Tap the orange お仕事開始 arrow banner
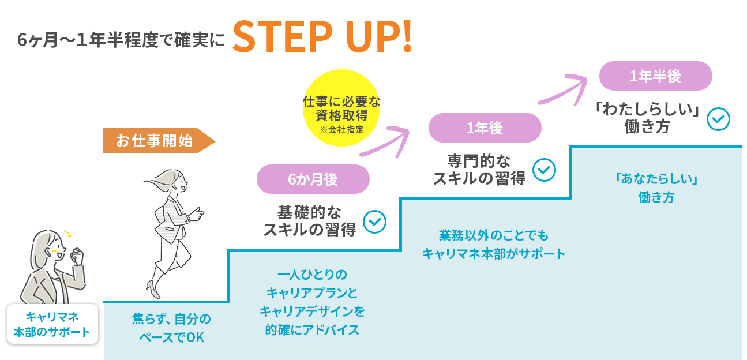pyautogui.click(x=156, y=141)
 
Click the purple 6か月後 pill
pyautogui.click(x=313, y=179)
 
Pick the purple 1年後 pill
pyautogui.click(x=485, y=128)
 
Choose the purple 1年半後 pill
pyautogui.click(x=655, y=76)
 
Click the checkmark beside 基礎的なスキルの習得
pyautogui.click(x=374, y=222)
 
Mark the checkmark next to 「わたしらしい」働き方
pyautogui.click(x=718, y=119)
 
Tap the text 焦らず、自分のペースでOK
pyautogui.click(x=172, y=328)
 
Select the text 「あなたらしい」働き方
pyautogui.click(x=656, y=189)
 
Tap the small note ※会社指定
pyautogui.click(x=341, y=129)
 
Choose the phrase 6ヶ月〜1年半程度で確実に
pyautogui.click(x=120, y=41)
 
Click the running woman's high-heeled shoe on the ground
pyautogui.click(x=151, y=286)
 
